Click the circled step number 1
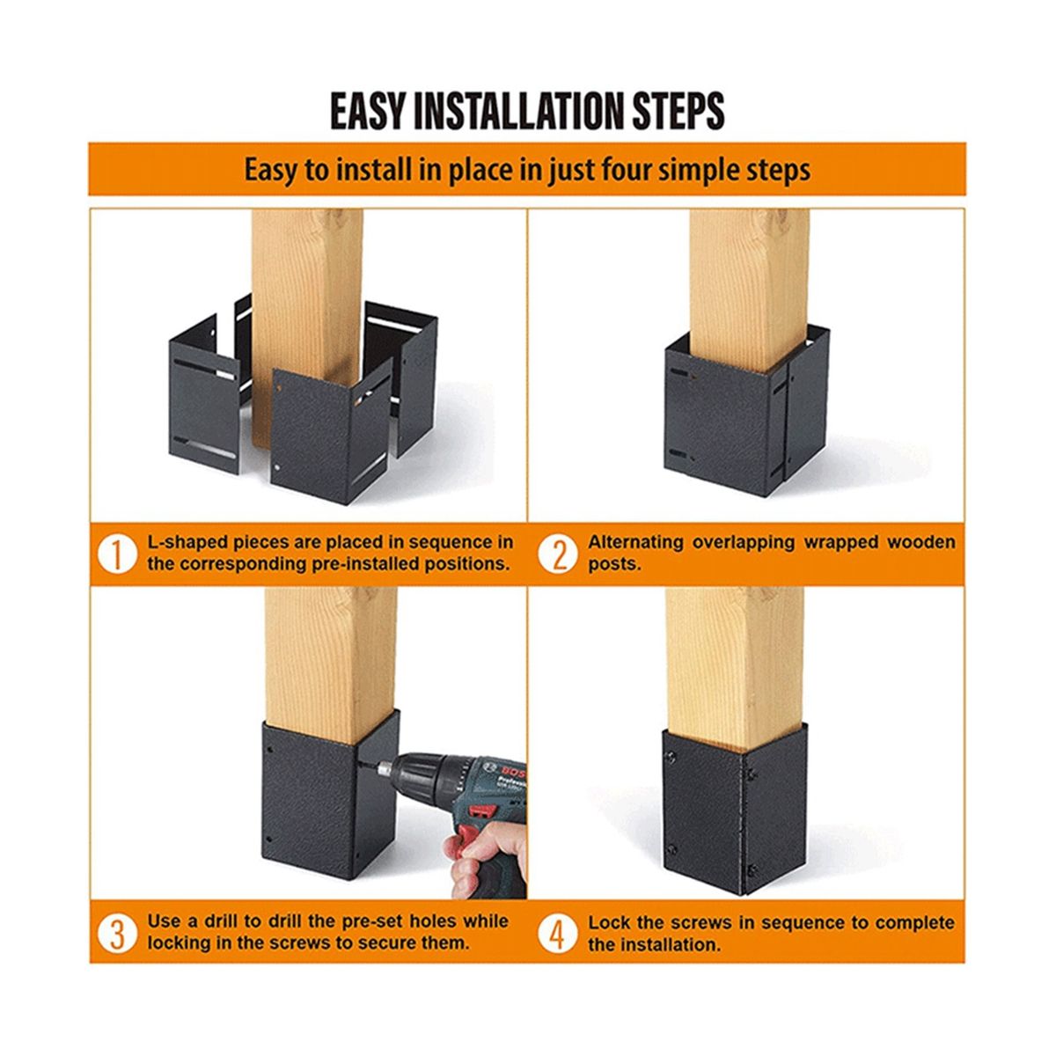[117, 554]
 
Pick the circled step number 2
[557, 554]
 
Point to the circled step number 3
[117, 934]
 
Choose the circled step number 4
[557, 934]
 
